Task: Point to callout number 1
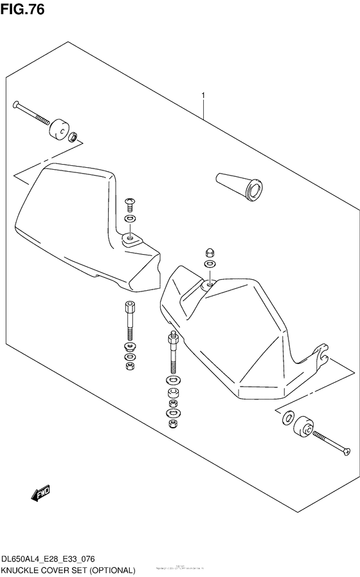click(x=203, y=96)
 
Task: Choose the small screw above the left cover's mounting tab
click(x=129, y=204)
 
